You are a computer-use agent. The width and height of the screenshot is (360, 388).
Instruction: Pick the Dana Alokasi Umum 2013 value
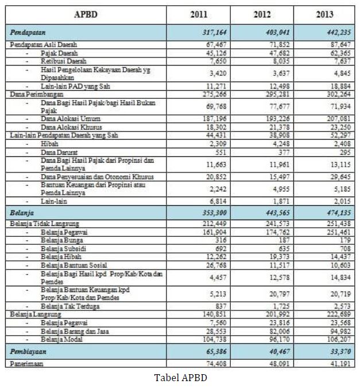point(336,118)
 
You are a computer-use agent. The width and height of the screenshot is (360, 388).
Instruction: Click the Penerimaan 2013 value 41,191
point(336,364)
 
